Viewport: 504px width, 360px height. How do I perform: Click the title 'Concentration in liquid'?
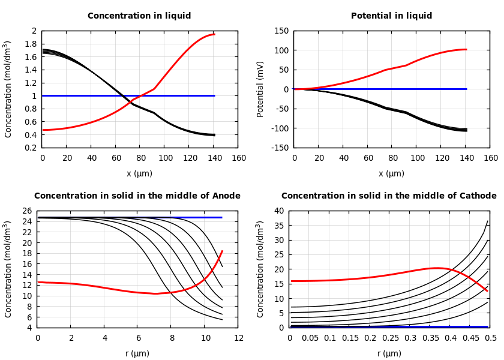[x=139, y=16]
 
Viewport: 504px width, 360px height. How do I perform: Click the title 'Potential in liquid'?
[x=391, y=16]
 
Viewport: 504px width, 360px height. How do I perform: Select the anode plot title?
[x=137, y=196]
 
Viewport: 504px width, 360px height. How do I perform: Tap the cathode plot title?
[x=389, y=196]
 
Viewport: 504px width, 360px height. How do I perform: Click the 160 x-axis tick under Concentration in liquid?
[x=238, y=158]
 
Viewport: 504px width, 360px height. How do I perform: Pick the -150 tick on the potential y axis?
[x=281, y=148]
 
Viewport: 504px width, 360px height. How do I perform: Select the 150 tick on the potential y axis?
[x=281, y=31]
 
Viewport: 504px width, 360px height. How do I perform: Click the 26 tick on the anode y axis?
[x=27, y=211]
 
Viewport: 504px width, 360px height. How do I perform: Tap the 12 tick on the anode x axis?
[x=238, y=338]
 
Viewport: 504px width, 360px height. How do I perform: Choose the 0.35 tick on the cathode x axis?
[x=430, y=338]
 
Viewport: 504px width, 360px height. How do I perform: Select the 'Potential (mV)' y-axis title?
[x=260, y=89]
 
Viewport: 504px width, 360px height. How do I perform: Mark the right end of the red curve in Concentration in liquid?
[x=214, y=34]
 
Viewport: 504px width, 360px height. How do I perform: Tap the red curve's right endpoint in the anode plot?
[x=222, y=251]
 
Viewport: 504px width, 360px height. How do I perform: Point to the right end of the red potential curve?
[x=466, y=49]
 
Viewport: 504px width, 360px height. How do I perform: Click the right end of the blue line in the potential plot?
[x=466, y=89]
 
